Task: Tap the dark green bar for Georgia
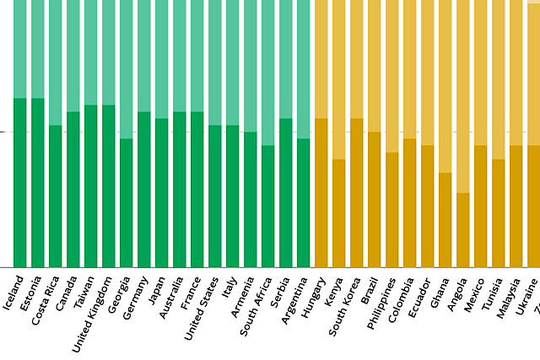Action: pyautogui.click(x=126, y=203)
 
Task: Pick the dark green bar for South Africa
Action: pyautogui.click(x=267, y=207)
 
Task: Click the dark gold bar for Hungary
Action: pyautogui.click(x=321, y=193)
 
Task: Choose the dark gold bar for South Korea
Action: pyautogui.click(x=356, y=193)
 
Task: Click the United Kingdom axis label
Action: pyautogui.click(x=92, y=308)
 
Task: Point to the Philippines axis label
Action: pyautogui.click(x=379, y=303)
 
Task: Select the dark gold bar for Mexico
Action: pyautogui.click(x=480, y=207)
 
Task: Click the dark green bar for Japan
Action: pyautogui.click(x=161, y=193)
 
